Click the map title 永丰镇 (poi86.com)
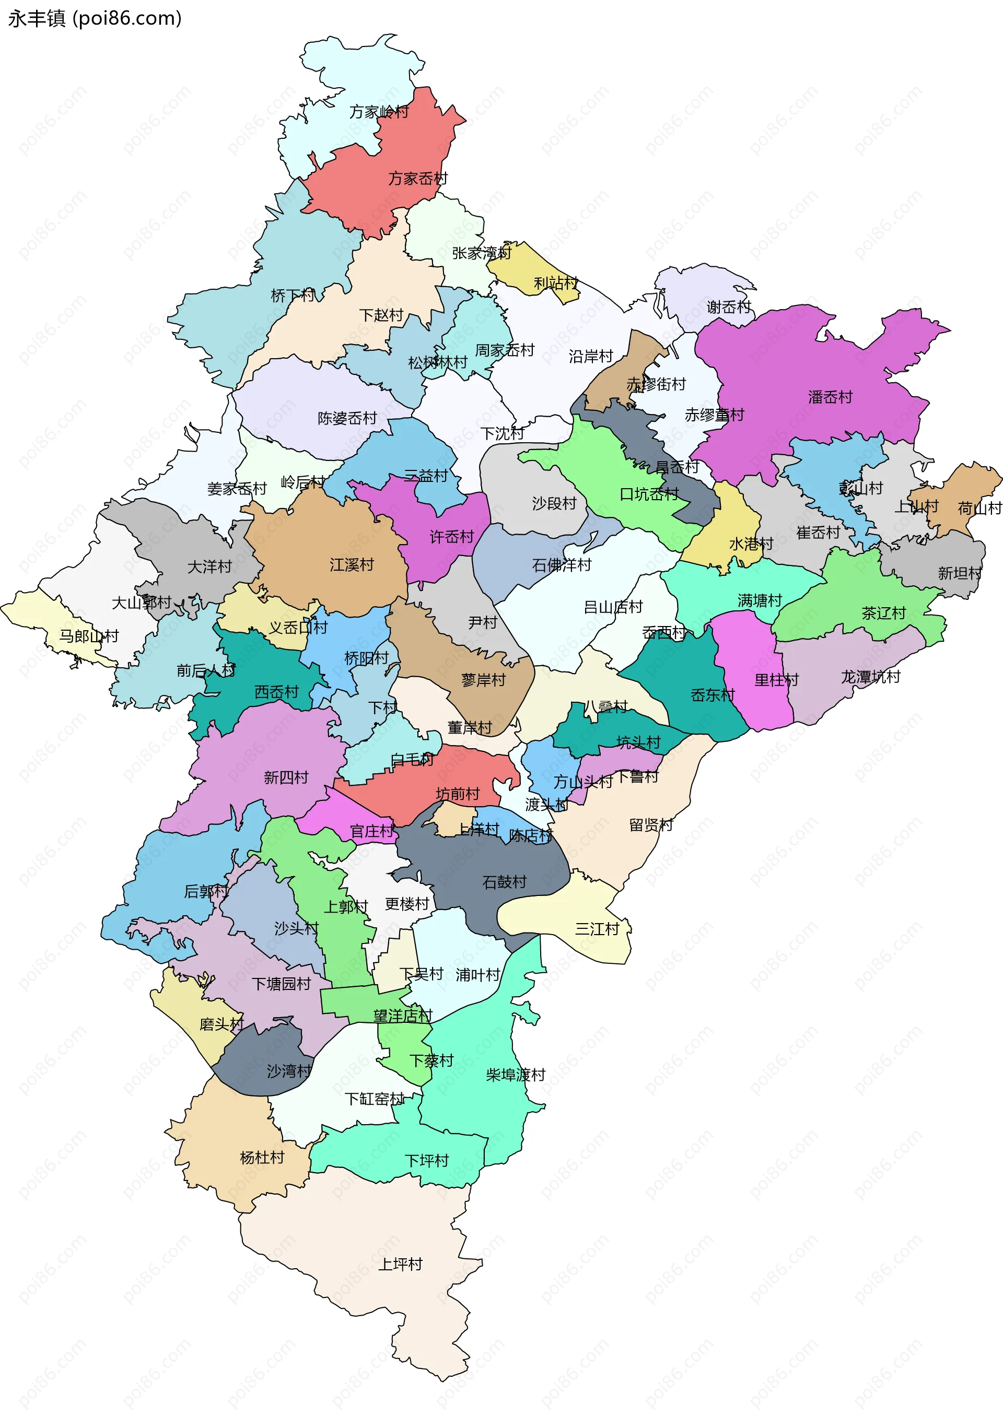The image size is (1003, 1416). coord(95,18)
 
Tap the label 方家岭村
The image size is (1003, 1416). coord(379,112)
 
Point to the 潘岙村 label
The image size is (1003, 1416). coord(830,397)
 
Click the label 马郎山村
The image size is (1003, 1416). coord(88,636)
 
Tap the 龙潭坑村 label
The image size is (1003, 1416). coord(870,677)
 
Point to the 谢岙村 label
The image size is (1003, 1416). coord(728,308)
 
